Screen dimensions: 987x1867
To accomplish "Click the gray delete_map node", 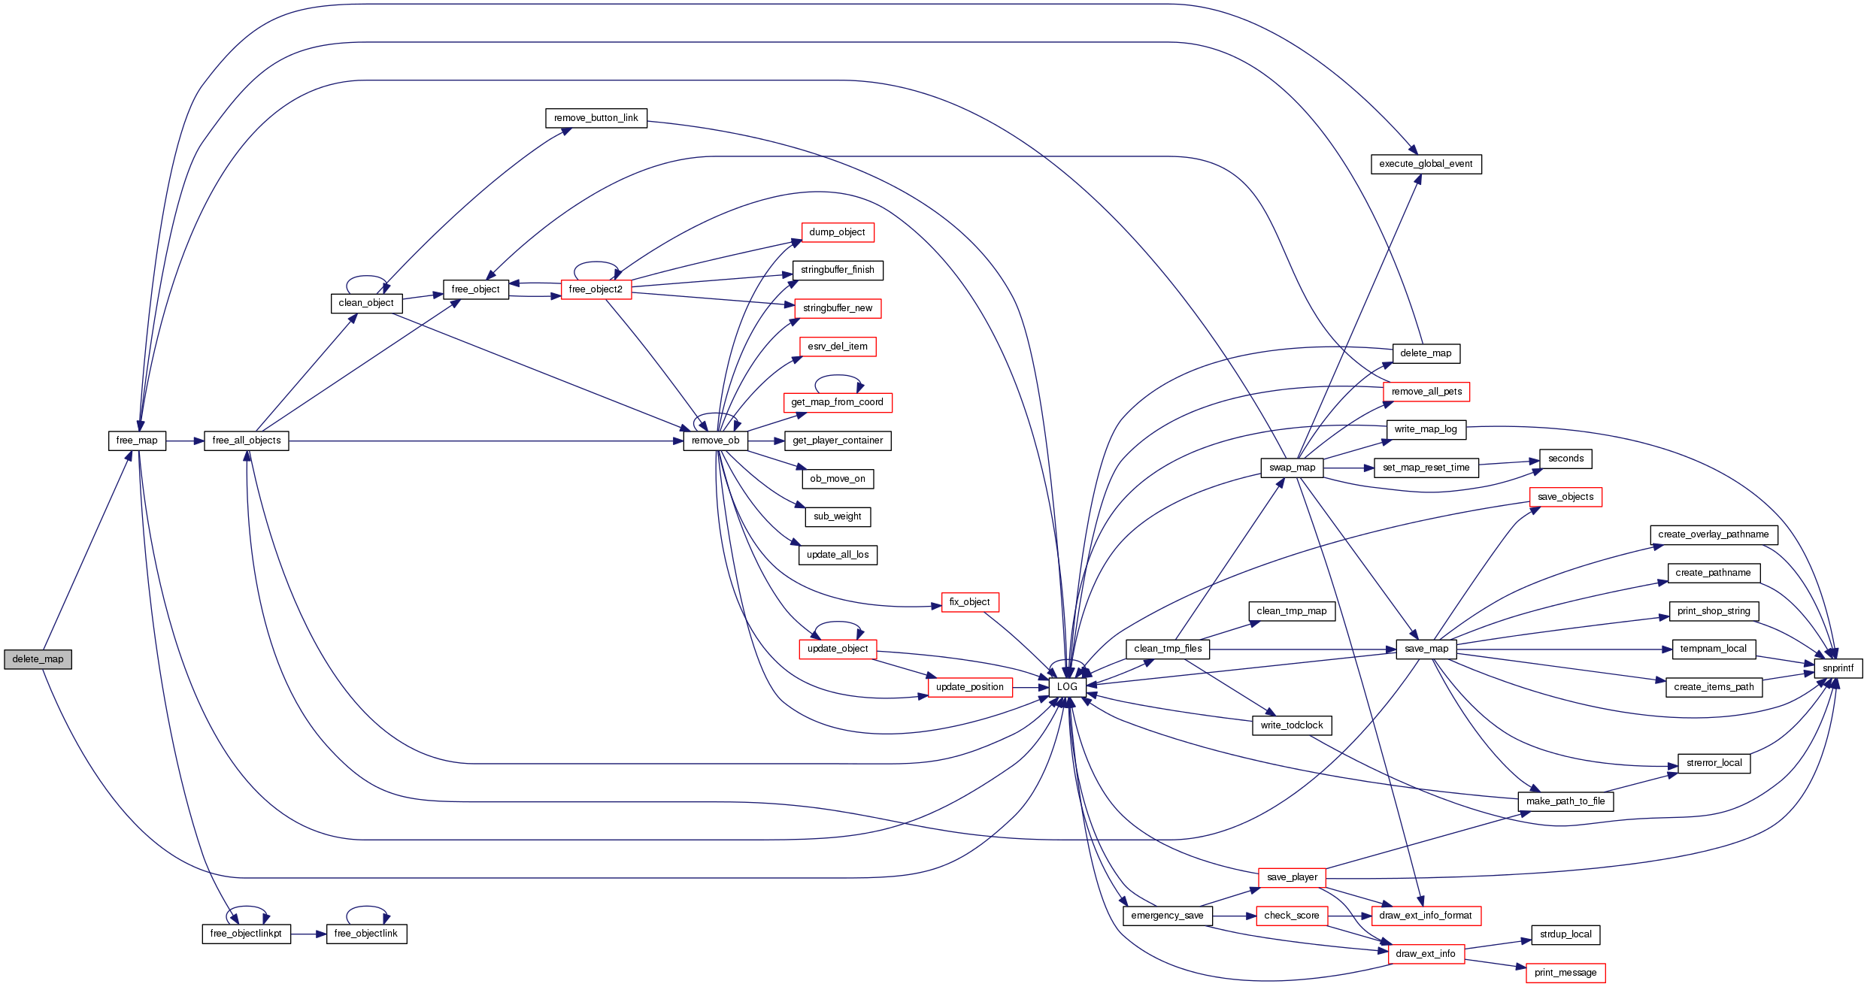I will pos(38,659).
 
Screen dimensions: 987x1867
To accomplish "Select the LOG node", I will pos(1067,687).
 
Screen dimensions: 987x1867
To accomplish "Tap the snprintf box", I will pos(1838,668).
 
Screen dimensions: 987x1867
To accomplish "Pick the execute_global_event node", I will pos(1426,164).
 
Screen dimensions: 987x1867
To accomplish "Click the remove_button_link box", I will pos(596,118).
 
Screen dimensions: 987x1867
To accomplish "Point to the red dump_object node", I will pos(837,232).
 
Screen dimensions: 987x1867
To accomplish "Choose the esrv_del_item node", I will pos(837,347).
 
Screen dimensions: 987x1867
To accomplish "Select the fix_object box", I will pos(969,602).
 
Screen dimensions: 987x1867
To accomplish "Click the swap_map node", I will pos(1292,468).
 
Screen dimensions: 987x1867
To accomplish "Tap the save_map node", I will pos(1426,649).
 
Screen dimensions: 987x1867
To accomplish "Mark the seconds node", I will pos(1565,459).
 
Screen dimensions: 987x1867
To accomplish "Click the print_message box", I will pos(1565,973).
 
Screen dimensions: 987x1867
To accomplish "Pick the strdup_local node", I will pos(1565,934).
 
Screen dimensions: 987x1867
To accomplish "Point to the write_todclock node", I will pos(1291,725).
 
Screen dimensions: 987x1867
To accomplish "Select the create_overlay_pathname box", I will pos(1713,534).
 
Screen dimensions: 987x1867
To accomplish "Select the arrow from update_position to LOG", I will pos(1031,687).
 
